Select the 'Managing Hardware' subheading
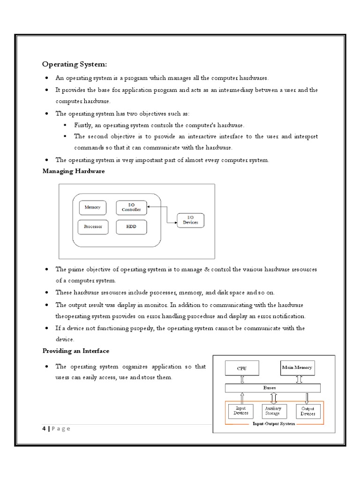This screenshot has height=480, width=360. pyautogui.click(x=74, y=172)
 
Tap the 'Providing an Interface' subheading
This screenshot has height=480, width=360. pyautogui.click(x=76, y=351)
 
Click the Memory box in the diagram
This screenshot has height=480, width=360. pyautogui.click(x=92, y=207)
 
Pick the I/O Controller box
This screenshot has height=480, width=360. pyautogui.click(x=131, y=207)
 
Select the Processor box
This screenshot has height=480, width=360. pyautogui.click(x=93, y=227)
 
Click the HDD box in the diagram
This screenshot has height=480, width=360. pyautogui.click(x=131, y=227)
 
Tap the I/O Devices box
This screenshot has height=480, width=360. pyautogui.click(x=190, y=220)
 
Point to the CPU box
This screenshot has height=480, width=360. pyautogui.click(x=241, y=368)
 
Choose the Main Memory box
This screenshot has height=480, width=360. pyautogui.click(x=297, y=367)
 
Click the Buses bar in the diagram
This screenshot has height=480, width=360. pyautogui.click(x=273, y=388)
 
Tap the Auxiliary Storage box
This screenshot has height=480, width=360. pyautogui.click(x=272, y=411)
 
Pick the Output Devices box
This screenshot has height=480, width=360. pyautogui.click(x=307, y=411)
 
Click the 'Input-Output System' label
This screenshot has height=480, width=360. pyautogui.click(x=274, y=424)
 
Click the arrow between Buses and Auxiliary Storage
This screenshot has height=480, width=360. pyautogui.click(x=273, y=398)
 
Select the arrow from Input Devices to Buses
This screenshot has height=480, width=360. pyautogui.click(x=242, y=398)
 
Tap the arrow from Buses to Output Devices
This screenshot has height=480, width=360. pyautogui.click(x=307, y=398)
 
